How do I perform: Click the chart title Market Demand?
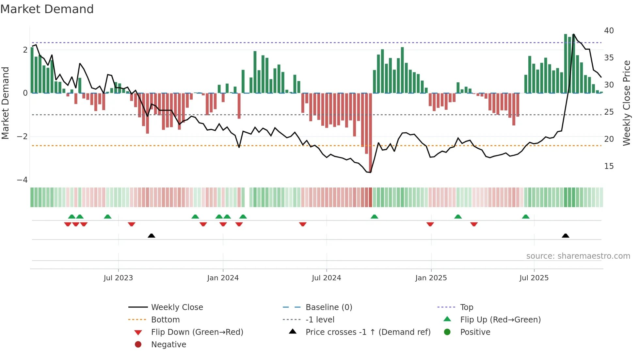(x=47, y=9)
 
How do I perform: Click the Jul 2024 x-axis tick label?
(x=326, y=278)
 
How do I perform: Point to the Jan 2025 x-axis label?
(x=431, y=278)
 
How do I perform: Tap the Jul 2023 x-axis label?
(x=118, y=278)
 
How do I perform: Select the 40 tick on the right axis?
(x=609, y=31)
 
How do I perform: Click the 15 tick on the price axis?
(x=609, y=166)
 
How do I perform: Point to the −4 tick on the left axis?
(x=22, y=180)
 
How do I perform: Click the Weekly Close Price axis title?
(x=626, y=103)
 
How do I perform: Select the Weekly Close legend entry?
(x=177, y=307)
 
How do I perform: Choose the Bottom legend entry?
(x=165, y=320)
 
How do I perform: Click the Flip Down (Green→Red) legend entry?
(x=197, y=332)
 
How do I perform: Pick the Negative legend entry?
(x=168, y=345)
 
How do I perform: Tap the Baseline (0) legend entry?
(x=328, y=307)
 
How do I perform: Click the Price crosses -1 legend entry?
(x=368, y=332)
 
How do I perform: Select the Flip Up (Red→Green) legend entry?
(x=500, y=320)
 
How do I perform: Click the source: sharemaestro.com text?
(x=578, y=256)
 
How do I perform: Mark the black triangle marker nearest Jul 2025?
(x=566, y=236)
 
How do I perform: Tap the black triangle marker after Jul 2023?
(x=152, y=236)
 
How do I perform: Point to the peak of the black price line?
(x=574, y=34)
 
